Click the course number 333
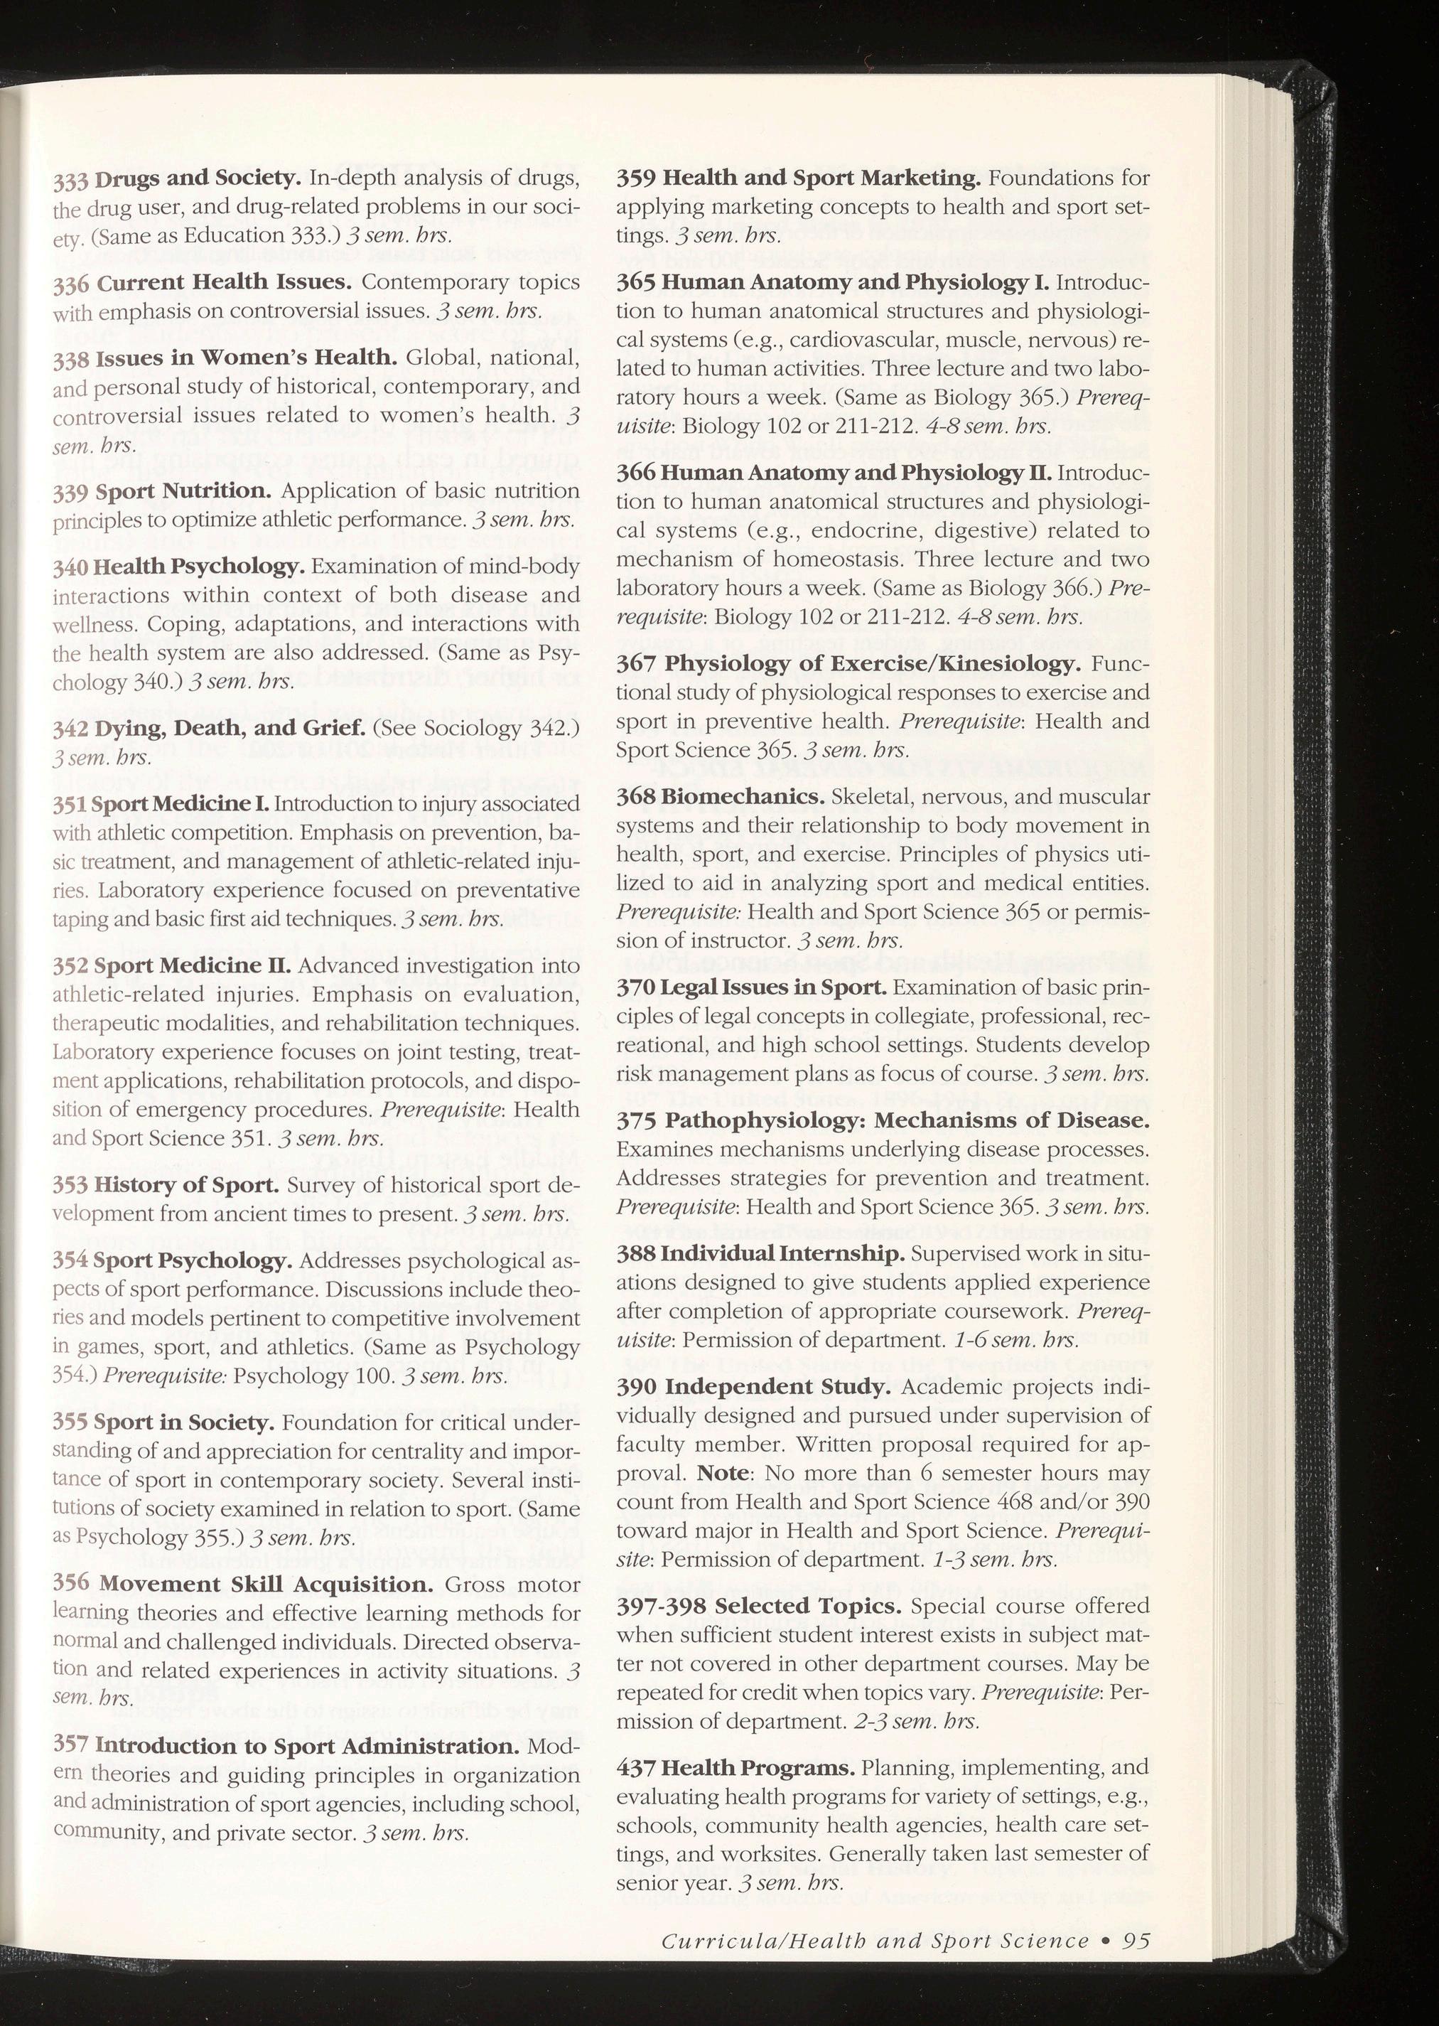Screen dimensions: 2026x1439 tap(71, 181)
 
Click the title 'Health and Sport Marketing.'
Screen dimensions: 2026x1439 tap(821, 178)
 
